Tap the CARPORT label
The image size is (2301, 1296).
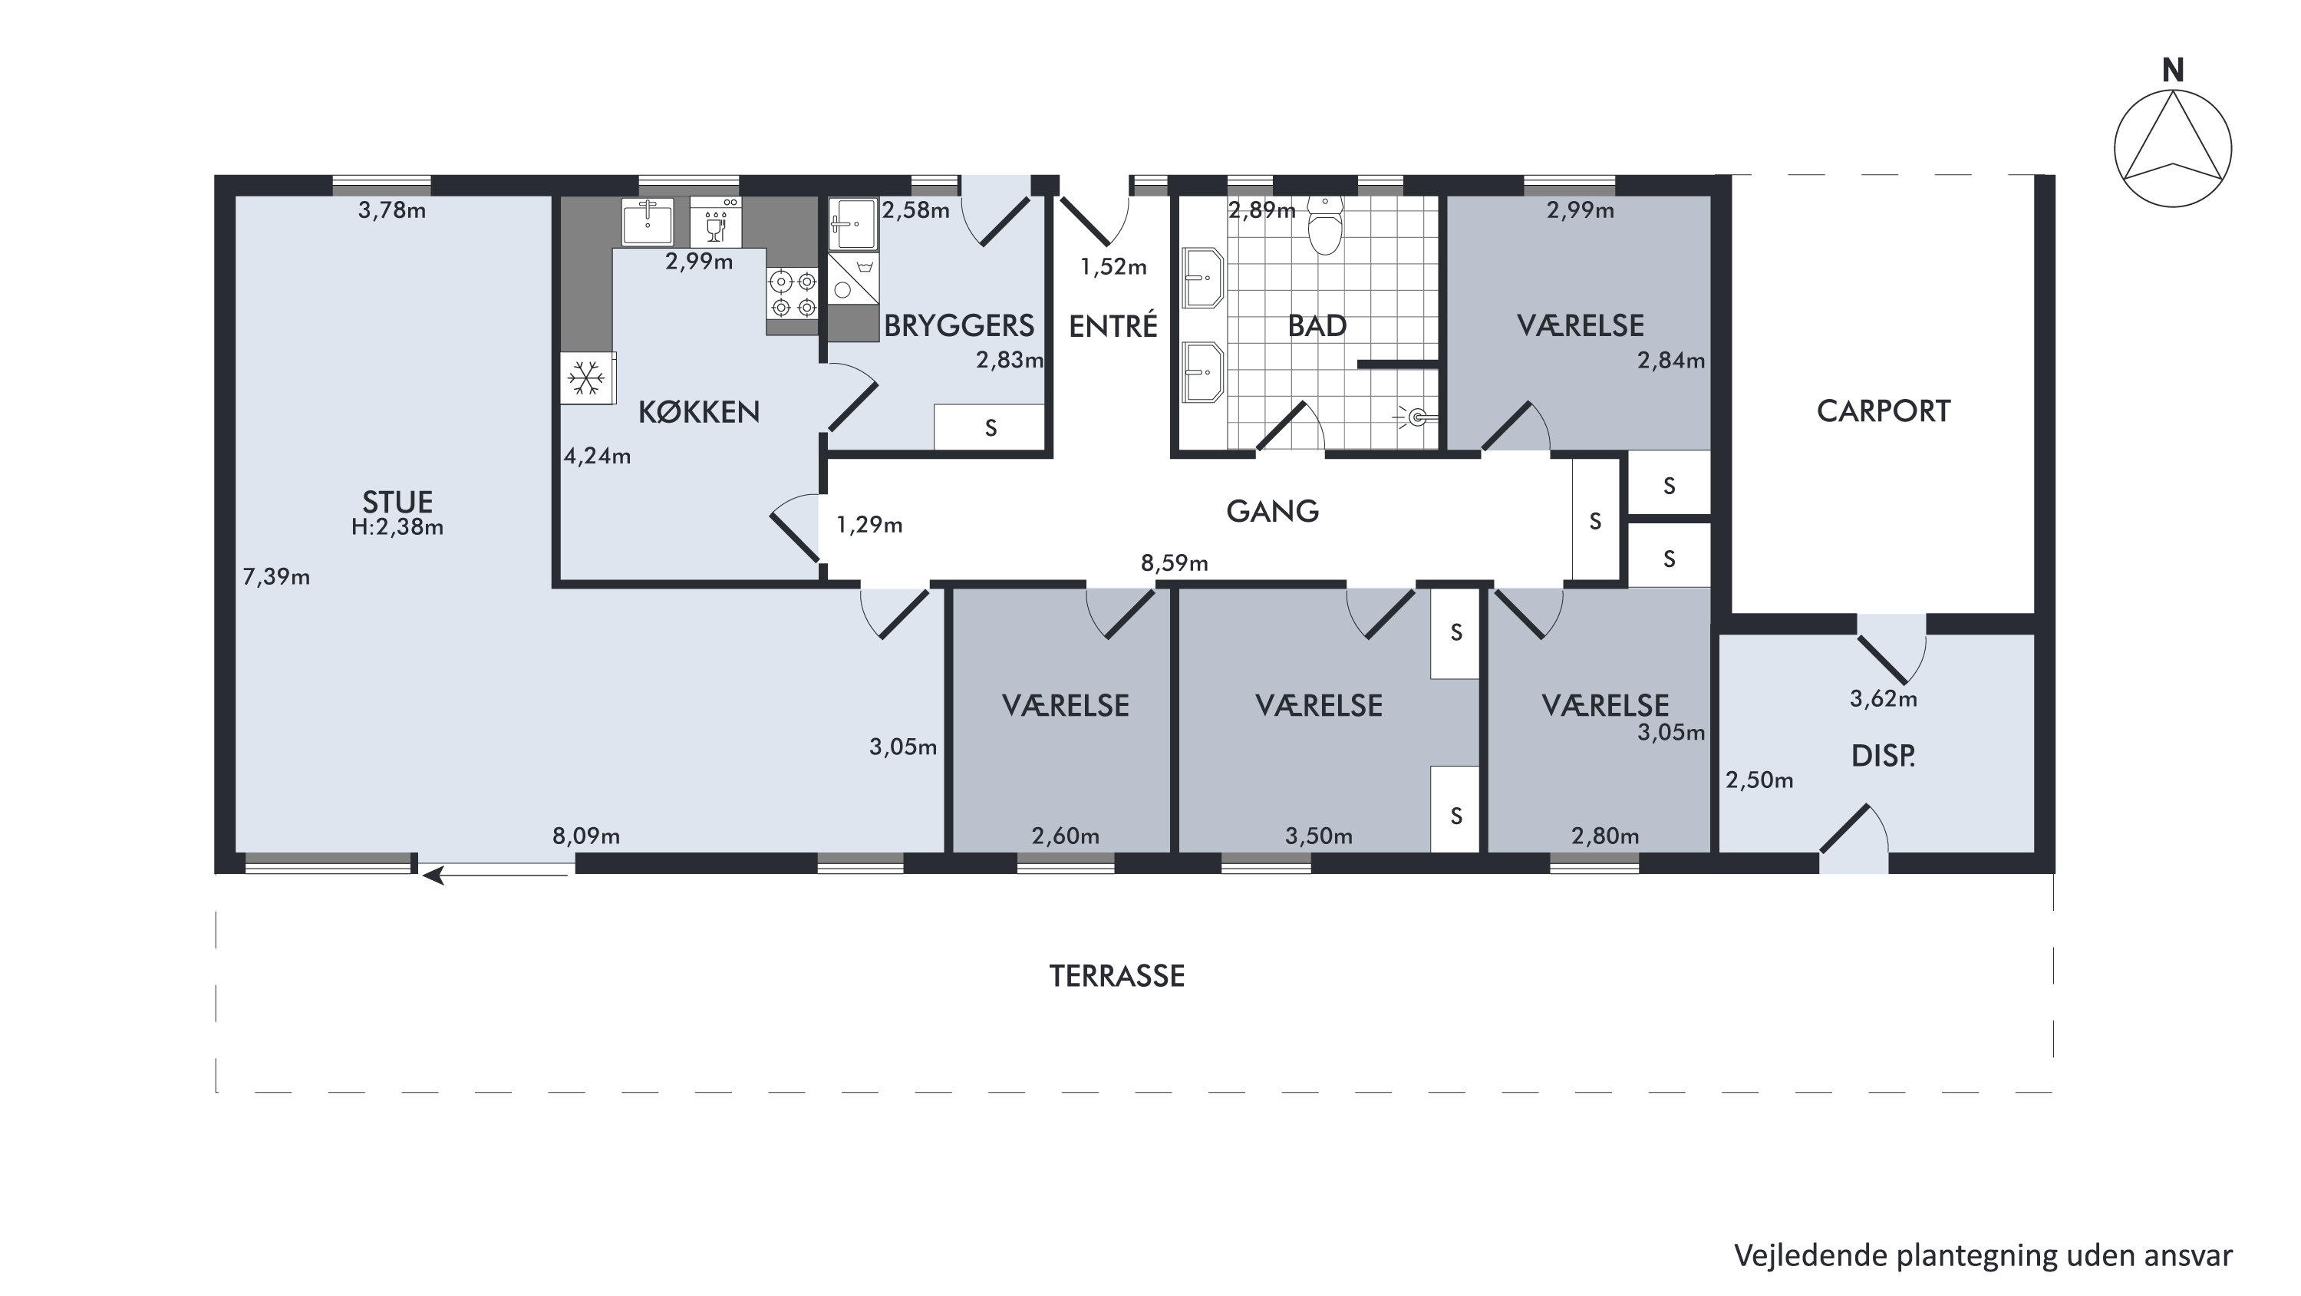coord(1883,411)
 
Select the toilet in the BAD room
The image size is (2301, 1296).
coord(1325,224)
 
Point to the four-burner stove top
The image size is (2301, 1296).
coord(793,294)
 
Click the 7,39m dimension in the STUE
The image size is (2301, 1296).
coord(276,577)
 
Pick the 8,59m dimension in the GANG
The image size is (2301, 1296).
coord(1174,562)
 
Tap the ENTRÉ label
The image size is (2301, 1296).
coord(1113,325)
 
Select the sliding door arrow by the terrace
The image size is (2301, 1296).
coord(495,876)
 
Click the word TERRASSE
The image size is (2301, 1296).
coord(1116,976)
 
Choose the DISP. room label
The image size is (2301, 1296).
coord(1883,757)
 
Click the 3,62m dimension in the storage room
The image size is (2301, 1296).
coord(1883,698)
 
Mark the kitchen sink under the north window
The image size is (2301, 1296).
coord(648,221)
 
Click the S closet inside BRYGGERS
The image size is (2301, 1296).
coord(990,428)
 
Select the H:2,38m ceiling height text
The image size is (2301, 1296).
coord(397,527)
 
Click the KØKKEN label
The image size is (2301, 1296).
coord(698,412)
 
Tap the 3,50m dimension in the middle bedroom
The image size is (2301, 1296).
coord(1318,836)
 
